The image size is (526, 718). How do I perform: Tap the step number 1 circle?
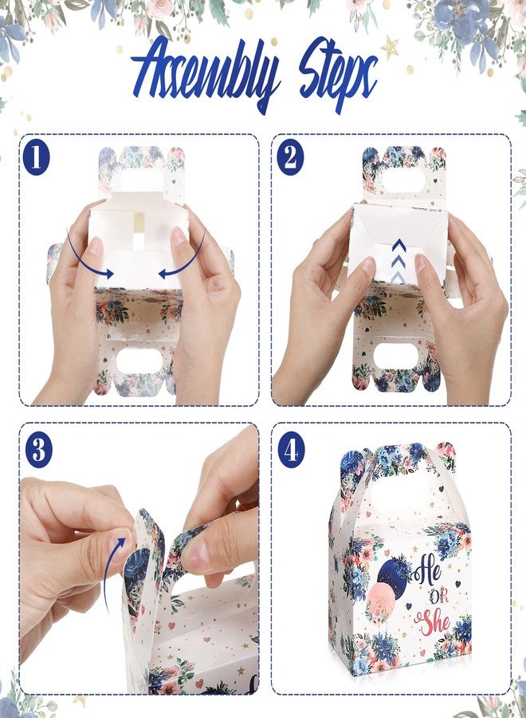pos(36,157)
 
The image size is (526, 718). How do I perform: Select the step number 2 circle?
pos(291,157)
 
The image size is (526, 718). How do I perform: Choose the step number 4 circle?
pos(292,450)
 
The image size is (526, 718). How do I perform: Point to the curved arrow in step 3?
pos(110,571)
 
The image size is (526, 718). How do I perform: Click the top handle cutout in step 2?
pos(403,183)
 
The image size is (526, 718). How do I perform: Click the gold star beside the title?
pos(391,47)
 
